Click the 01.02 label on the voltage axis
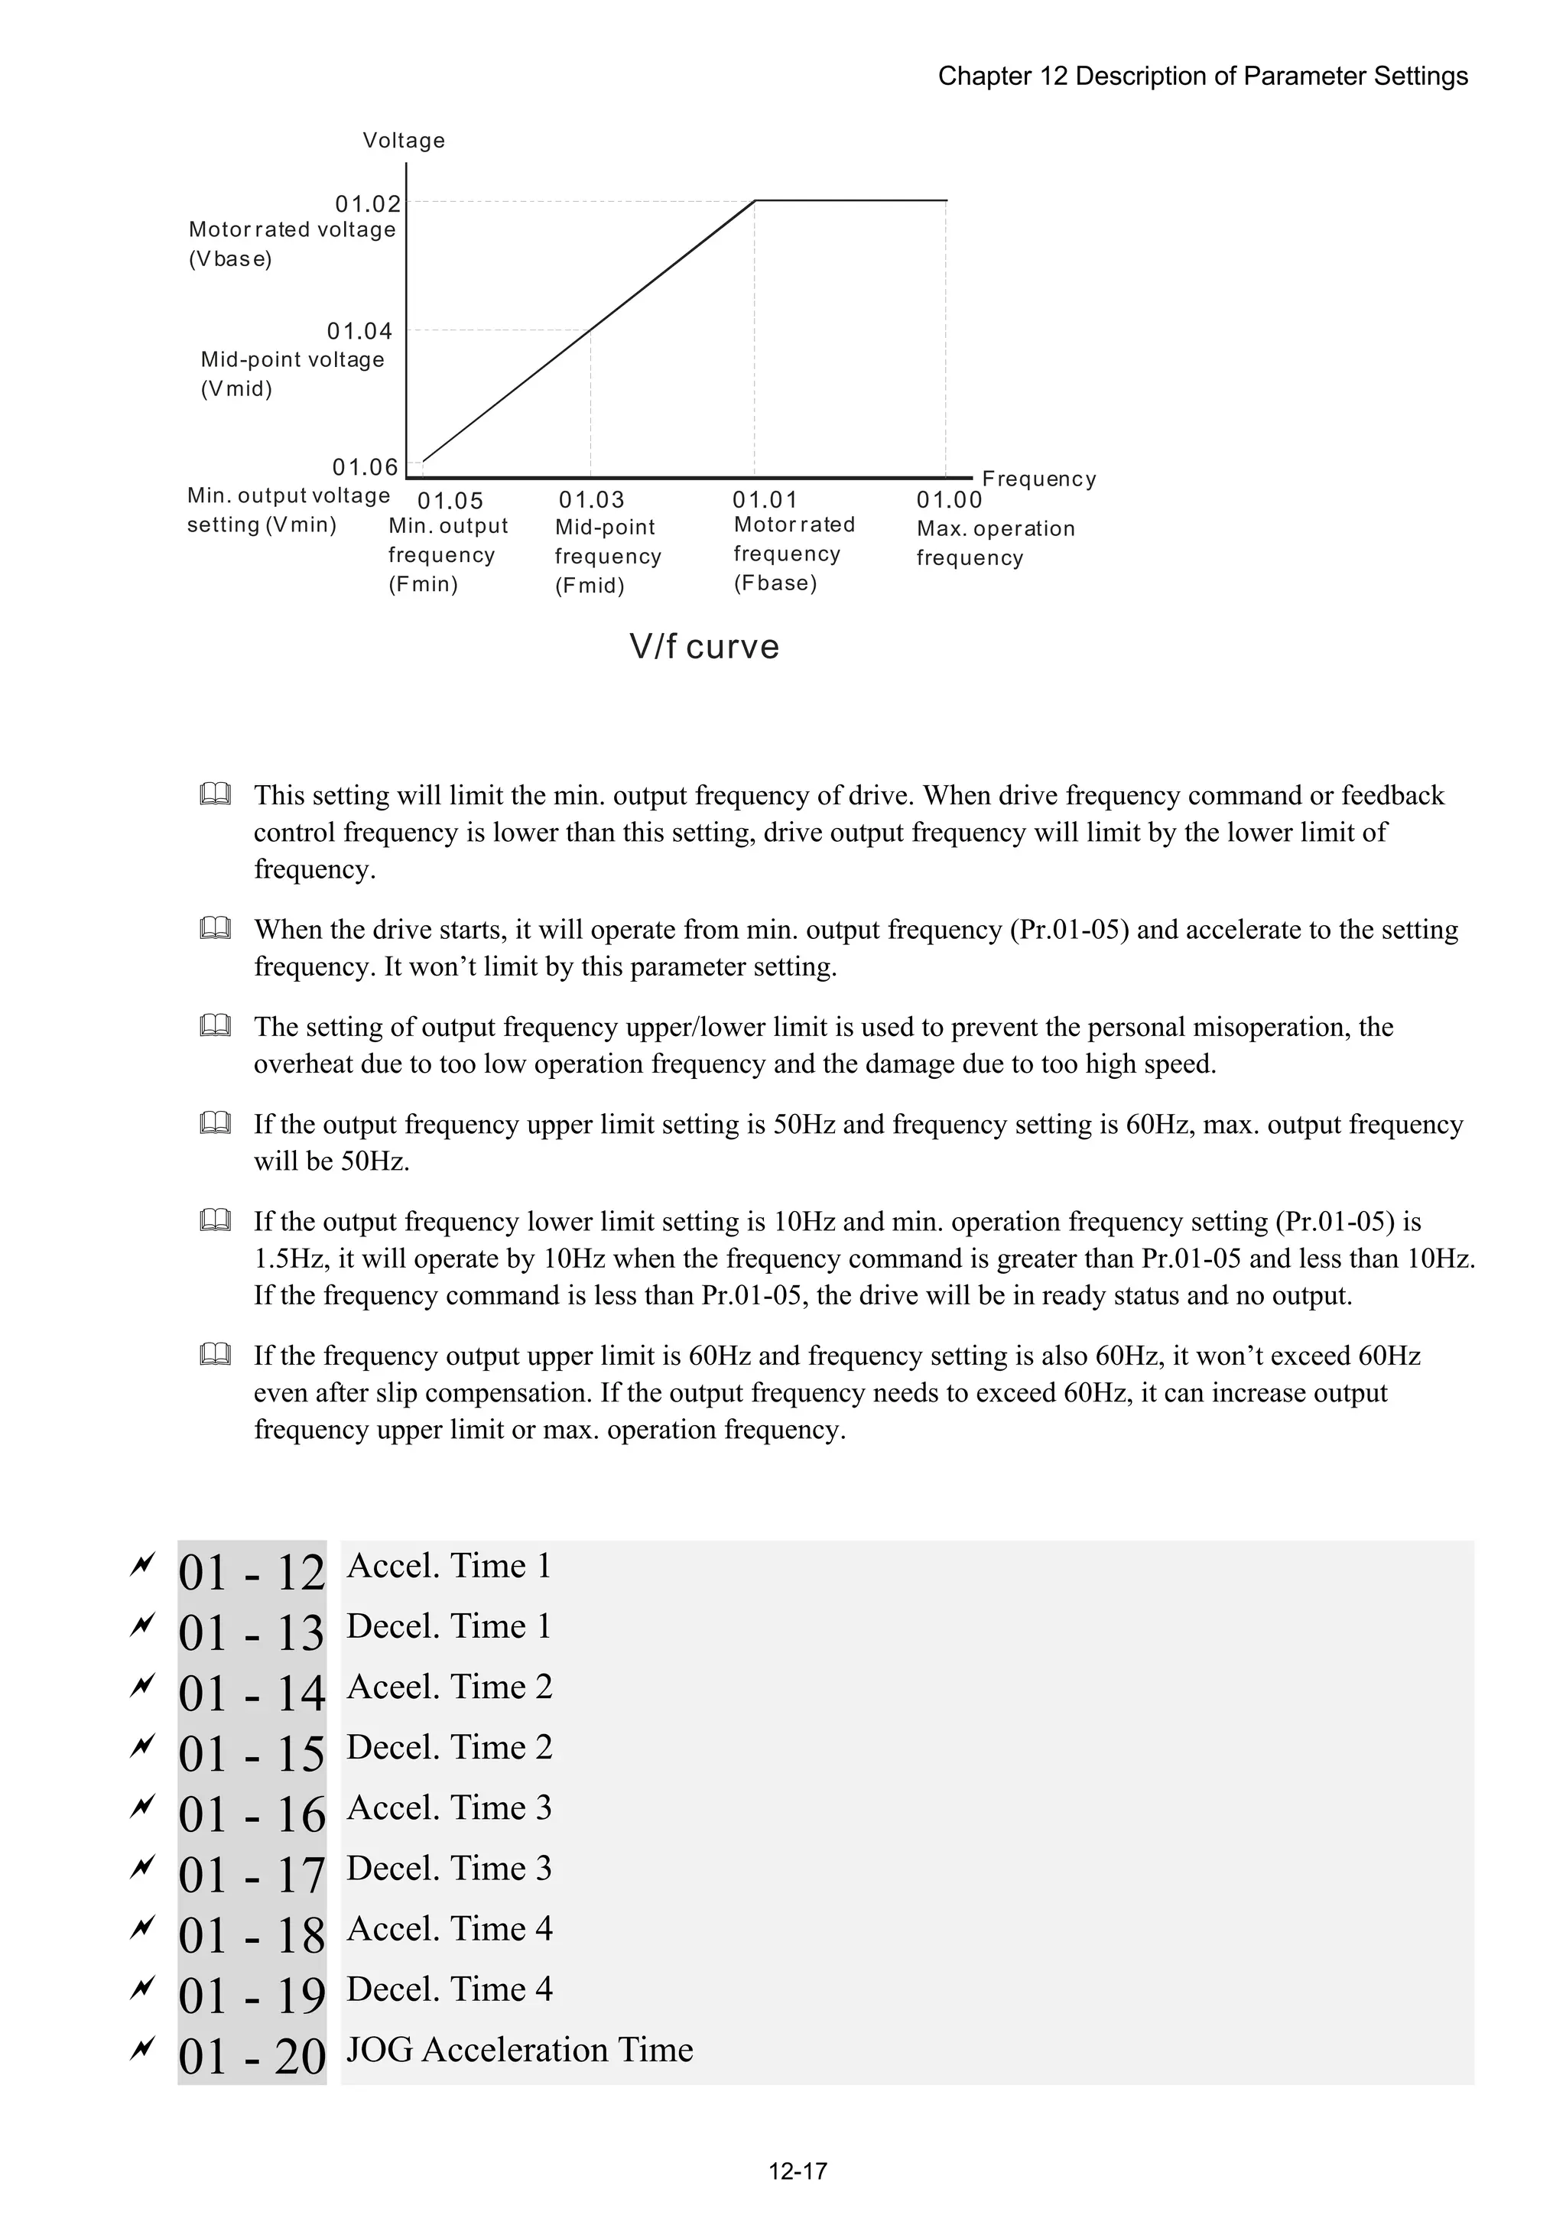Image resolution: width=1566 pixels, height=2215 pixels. [368, 203]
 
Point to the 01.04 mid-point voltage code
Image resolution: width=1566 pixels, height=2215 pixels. [360, 331]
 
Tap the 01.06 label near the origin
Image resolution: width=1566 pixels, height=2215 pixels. [365, 467]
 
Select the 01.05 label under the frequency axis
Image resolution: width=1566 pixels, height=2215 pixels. [450, 501]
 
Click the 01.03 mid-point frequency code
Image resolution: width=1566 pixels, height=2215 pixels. [592, 500]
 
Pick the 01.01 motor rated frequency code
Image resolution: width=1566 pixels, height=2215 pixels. [765, 500]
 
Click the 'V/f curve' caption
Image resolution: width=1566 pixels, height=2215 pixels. [704, 646]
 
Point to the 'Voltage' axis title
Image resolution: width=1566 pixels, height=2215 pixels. [403, 141]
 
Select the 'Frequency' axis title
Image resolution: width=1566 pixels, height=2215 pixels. [1038, 479]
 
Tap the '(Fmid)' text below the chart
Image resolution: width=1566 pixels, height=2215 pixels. [590, 586]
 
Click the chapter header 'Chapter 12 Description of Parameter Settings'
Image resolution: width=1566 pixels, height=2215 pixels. [1202, 76]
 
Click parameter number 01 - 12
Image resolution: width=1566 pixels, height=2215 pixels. [252, 1574]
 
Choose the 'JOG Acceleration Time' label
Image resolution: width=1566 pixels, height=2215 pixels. [519, 2049]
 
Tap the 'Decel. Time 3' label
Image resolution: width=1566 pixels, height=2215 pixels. [449, 1868]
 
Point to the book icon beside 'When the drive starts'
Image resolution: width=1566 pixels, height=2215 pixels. [215, 929]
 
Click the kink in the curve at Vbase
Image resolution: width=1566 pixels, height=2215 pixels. [755, 200]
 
